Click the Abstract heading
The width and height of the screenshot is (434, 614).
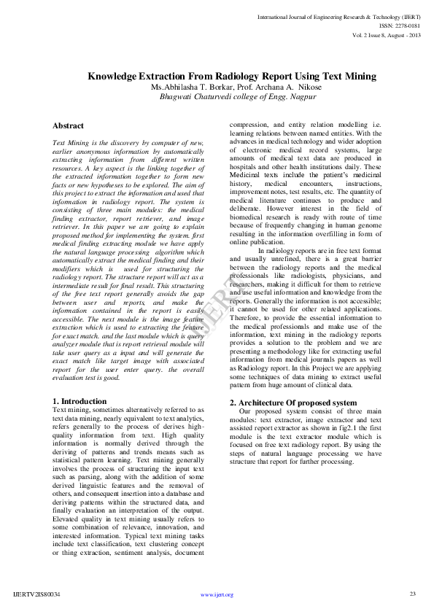point(69,125)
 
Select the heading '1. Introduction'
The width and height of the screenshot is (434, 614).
point(80,402)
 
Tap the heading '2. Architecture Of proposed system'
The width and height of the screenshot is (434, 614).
point(293,403)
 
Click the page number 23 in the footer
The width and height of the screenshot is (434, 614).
point(413,594)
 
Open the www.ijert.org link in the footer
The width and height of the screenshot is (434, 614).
point(217,594)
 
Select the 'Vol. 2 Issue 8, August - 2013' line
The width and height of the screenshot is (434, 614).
point(386,34)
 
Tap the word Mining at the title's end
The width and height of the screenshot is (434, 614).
point(360,76)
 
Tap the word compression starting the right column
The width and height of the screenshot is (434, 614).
point(251,125)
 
